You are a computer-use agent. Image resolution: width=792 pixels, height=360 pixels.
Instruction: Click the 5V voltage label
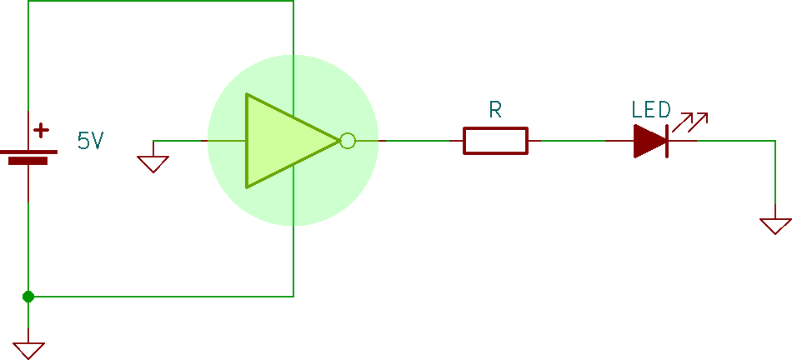click(90, 141)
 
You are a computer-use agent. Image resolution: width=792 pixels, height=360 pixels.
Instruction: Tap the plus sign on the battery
click(41, 131)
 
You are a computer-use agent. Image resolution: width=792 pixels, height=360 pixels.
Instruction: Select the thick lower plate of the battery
click(28, 161)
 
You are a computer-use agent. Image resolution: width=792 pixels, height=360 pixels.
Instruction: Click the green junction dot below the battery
click(28, 296)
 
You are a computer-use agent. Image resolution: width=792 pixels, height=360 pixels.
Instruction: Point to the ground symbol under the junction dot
click(28, 349)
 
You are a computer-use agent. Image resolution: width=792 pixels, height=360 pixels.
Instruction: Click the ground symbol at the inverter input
click(153, 162)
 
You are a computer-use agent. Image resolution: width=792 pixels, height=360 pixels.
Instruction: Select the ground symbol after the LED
click(774, 225)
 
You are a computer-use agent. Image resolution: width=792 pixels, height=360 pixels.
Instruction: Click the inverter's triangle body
click(279, 141)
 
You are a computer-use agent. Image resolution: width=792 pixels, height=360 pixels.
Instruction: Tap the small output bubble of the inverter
click(348, 141)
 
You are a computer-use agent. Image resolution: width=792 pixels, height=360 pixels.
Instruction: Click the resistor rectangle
click(495, 141)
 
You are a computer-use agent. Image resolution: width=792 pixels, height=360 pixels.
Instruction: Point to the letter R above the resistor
click(495, 110)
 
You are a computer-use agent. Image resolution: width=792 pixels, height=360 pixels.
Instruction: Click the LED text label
click(650, 110)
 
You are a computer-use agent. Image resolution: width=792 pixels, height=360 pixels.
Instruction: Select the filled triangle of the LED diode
click(648, 141)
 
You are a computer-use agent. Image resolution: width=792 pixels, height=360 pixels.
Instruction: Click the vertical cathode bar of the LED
click(668, 141)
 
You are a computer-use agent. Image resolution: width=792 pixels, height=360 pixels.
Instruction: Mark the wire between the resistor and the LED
click(575, 141)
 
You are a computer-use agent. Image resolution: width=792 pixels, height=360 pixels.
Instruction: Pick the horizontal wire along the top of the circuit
click(158, 1)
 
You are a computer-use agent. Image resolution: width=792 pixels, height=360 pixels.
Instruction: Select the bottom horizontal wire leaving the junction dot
click(158, 296)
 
